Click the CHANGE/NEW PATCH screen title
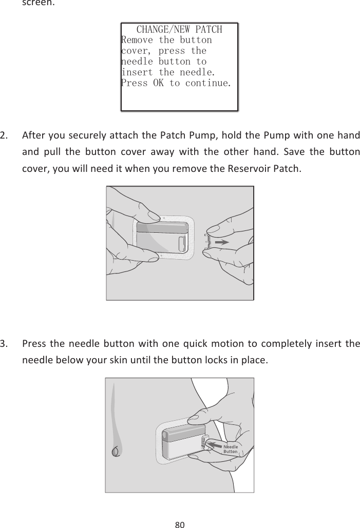[x=179, y=30]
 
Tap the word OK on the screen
[x=158, y=83]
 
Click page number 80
[x=180, y=524]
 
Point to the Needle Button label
[x=231, y=449]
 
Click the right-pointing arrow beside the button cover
[x=222, y=242]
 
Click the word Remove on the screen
[x=137, y=40]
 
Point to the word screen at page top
[x=37, y=3]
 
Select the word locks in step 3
[x=216, y=360]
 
